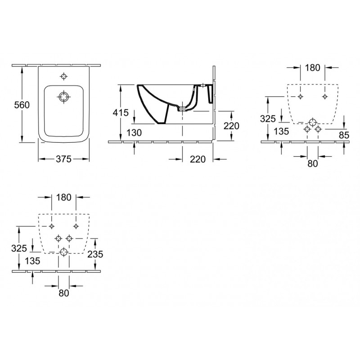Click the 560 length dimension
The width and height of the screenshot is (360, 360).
22,105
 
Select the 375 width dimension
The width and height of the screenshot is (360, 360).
63,159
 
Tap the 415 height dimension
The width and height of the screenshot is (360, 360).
121,113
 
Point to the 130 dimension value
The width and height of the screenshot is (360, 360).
134,133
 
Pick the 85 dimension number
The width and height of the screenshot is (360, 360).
344,135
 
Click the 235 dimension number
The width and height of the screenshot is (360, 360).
95,254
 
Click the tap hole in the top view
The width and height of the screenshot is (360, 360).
63,76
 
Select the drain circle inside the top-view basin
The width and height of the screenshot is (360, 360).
63,97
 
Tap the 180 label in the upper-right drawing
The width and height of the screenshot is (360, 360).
312,68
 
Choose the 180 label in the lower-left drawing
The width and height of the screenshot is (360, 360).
63,197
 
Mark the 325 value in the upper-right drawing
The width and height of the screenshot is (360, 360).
268,119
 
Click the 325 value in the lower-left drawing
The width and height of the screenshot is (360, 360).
19,248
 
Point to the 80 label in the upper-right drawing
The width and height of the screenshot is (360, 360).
312,163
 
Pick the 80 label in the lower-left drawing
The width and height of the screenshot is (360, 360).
63,293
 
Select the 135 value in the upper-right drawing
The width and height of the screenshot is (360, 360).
282,131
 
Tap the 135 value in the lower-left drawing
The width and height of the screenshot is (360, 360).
32,261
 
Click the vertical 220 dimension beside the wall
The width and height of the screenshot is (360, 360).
231,126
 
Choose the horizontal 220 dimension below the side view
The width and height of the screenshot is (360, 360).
198,159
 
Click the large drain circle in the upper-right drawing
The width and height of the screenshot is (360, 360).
312,122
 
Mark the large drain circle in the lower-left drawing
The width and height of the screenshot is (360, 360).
63,252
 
